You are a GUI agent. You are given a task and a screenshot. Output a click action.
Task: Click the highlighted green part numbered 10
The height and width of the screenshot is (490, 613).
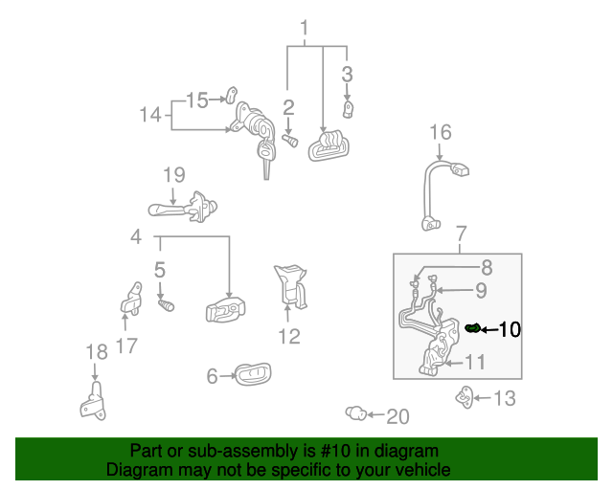[x=472, y=328]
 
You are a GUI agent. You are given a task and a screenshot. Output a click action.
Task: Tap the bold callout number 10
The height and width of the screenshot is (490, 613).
[x=510, y=329]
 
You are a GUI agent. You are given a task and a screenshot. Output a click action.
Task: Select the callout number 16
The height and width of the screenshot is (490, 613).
[x=441, y=132]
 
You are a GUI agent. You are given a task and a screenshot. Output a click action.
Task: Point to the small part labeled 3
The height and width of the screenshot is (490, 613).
[x=348, y=109]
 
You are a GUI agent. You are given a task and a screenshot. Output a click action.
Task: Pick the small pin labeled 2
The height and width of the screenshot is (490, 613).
[x=290, y=141]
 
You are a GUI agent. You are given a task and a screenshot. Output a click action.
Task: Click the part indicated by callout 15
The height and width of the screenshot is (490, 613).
[x=232, y=95]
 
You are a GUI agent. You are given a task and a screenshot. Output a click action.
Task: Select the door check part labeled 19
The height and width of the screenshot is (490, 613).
[x=183, y=208]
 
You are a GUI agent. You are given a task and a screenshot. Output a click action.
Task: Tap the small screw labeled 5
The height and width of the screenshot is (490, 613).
[x=166, y=305]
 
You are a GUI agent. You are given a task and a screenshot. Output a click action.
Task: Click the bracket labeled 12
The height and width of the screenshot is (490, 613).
[x=291, y=286]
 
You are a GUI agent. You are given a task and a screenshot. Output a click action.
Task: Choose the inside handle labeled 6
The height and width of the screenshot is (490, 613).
[x=253, y=374]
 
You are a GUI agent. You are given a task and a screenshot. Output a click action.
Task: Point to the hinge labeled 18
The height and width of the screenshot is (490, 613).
[x=94, y=402]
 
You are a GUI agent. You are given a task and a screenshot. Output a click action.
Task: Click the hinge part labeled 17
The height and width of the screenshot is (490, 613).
[x=131, y=299]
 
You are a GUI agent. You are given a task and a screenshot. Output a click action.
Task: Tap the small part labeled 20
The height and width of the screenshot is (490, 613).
[x=355, y=413]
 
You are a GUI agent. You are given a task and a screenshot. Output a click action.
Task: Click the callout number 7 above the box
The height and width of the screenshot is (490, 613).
[x=462, y=234]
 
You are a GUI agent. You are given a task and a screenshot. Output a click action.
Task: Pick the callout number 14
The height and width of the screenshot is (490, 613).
[x=150, y=115]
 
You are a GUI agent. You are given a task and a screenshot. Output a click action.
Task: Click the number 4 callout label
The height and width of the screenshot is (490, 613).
[x=136, y=236]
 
